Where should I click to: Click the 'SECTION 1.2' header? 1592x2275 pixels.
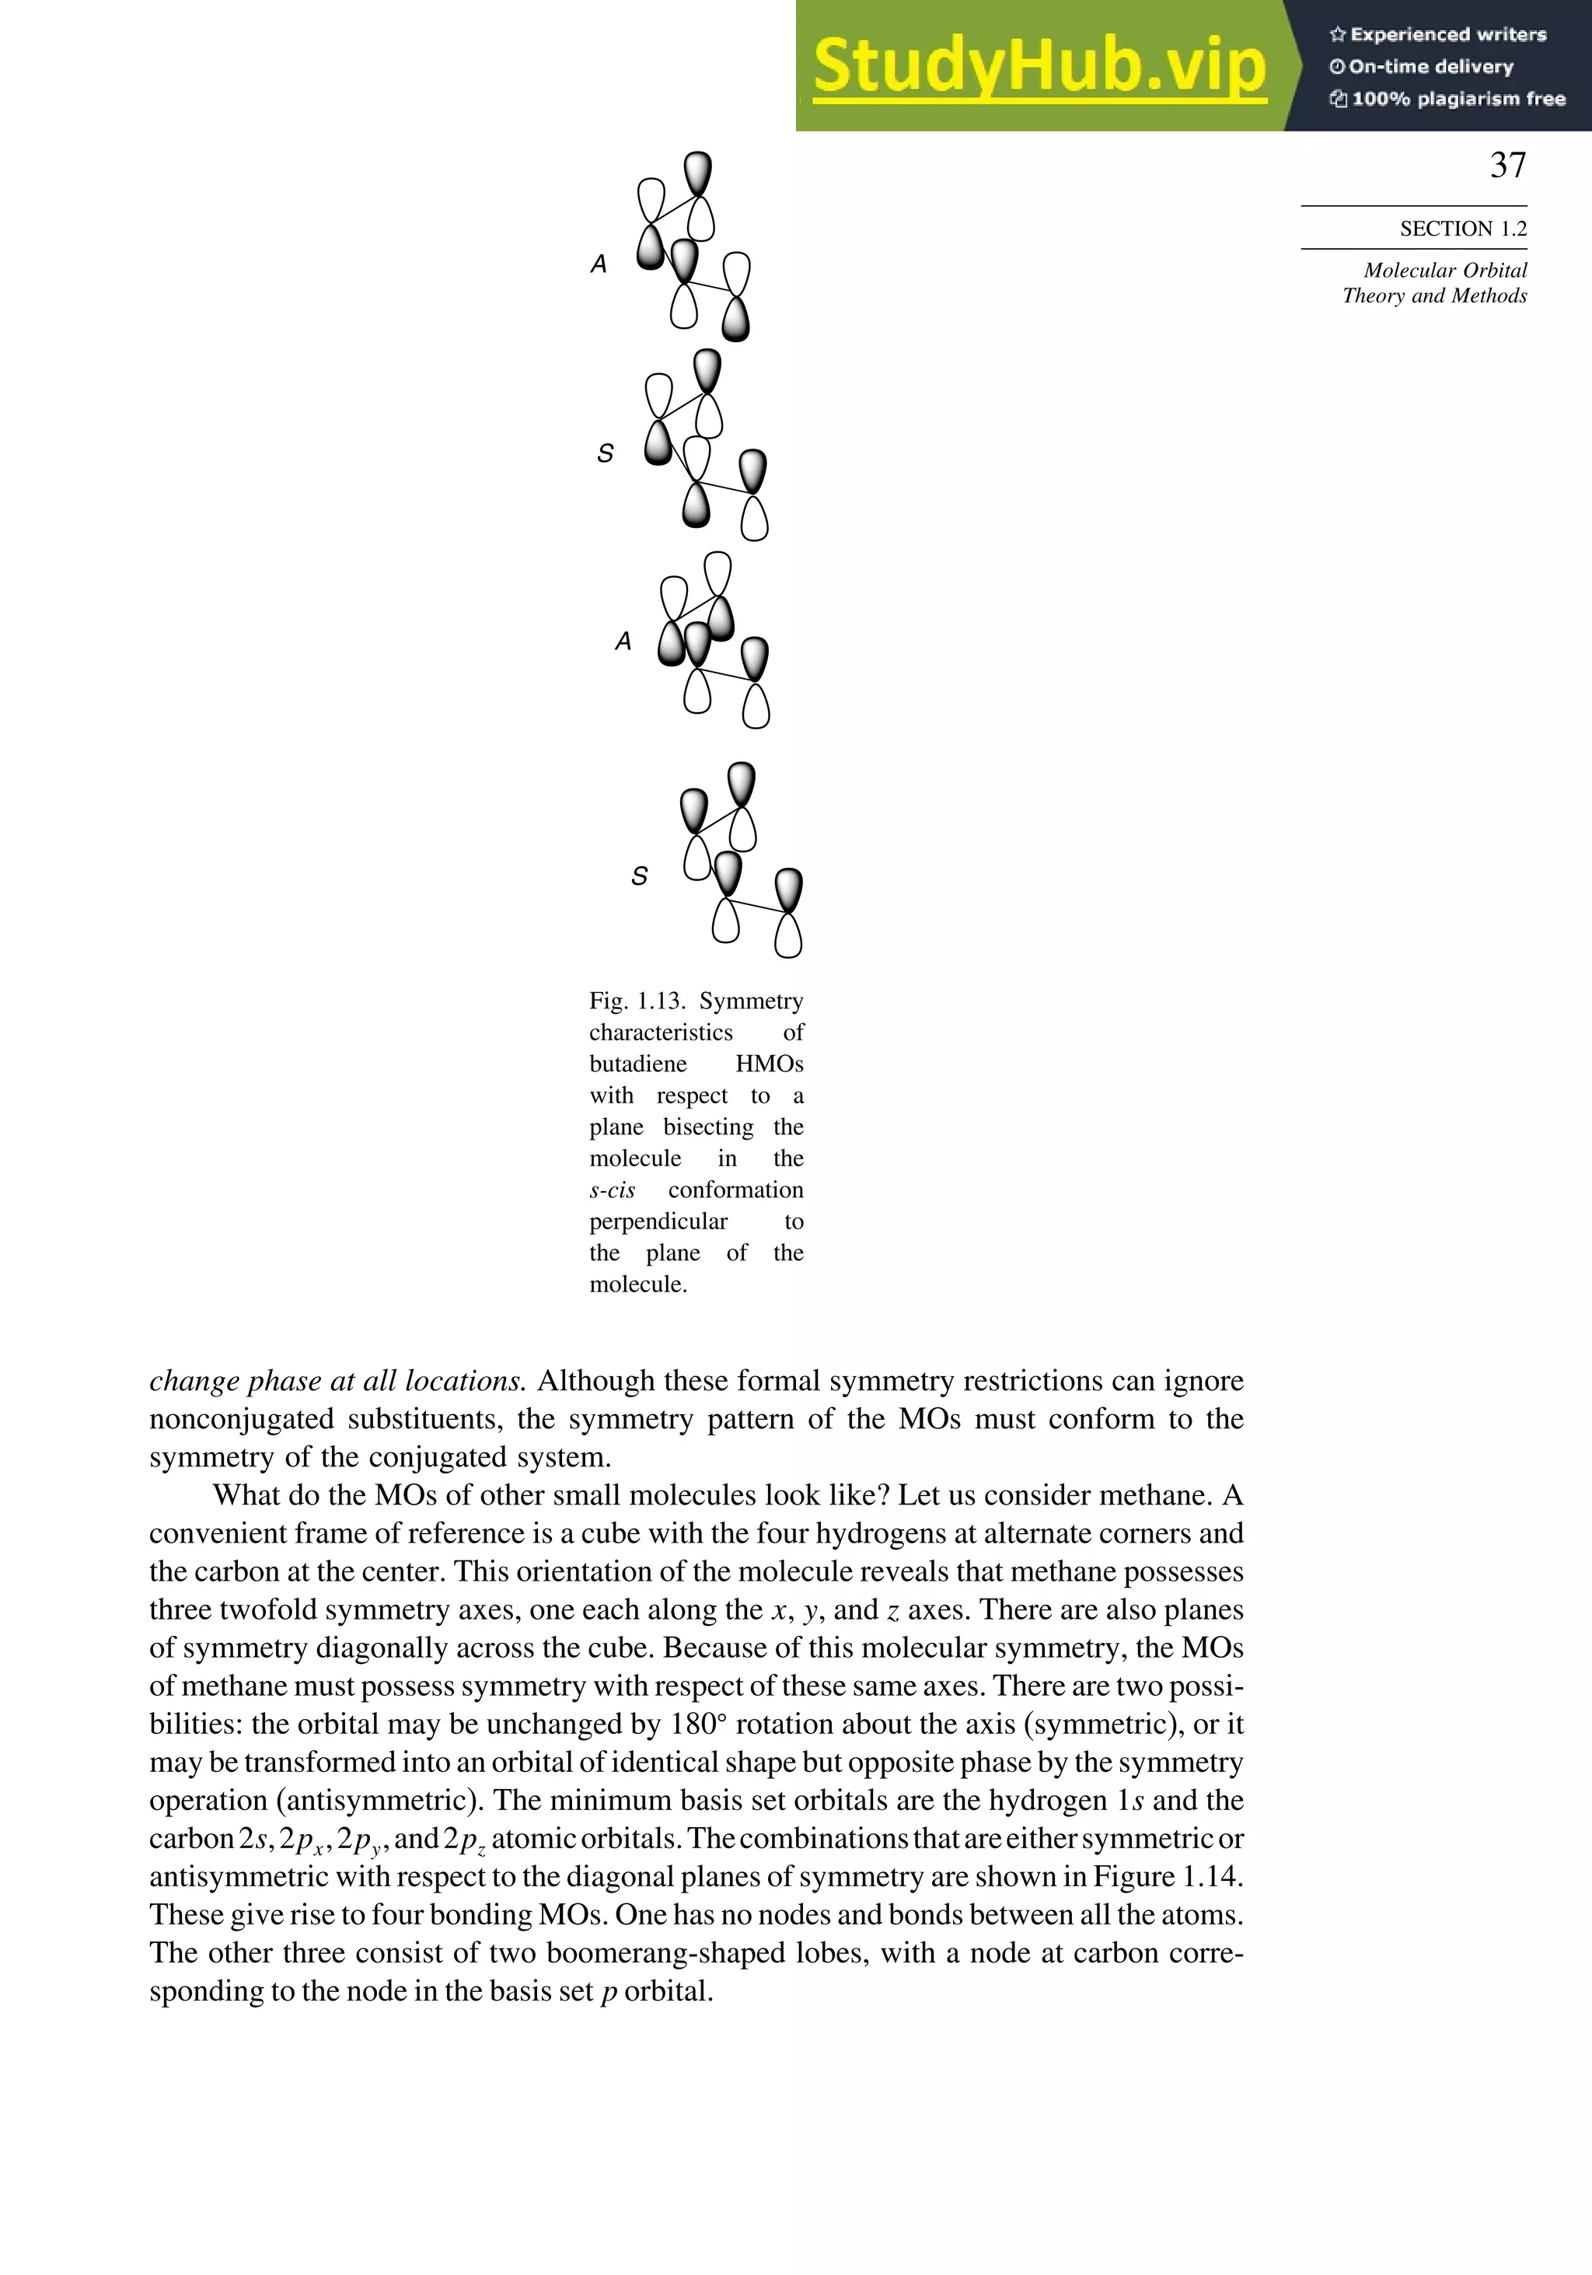click(x=1462, y=229)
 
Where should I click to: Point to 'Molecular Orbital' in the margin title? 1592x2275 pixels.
click(x=1444, y=271)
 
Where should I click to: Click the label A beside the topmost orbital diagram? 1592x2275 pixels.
click(x=599, y=264)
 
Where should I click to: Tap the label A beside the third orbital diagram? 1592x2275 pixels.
click(x=623, y=642)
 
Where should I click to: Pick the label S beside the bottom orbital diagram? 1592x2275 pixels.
click(x=640, y=877)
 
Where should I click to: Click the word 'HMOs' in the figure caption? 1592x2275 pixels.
click(x=769, y=1064)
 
